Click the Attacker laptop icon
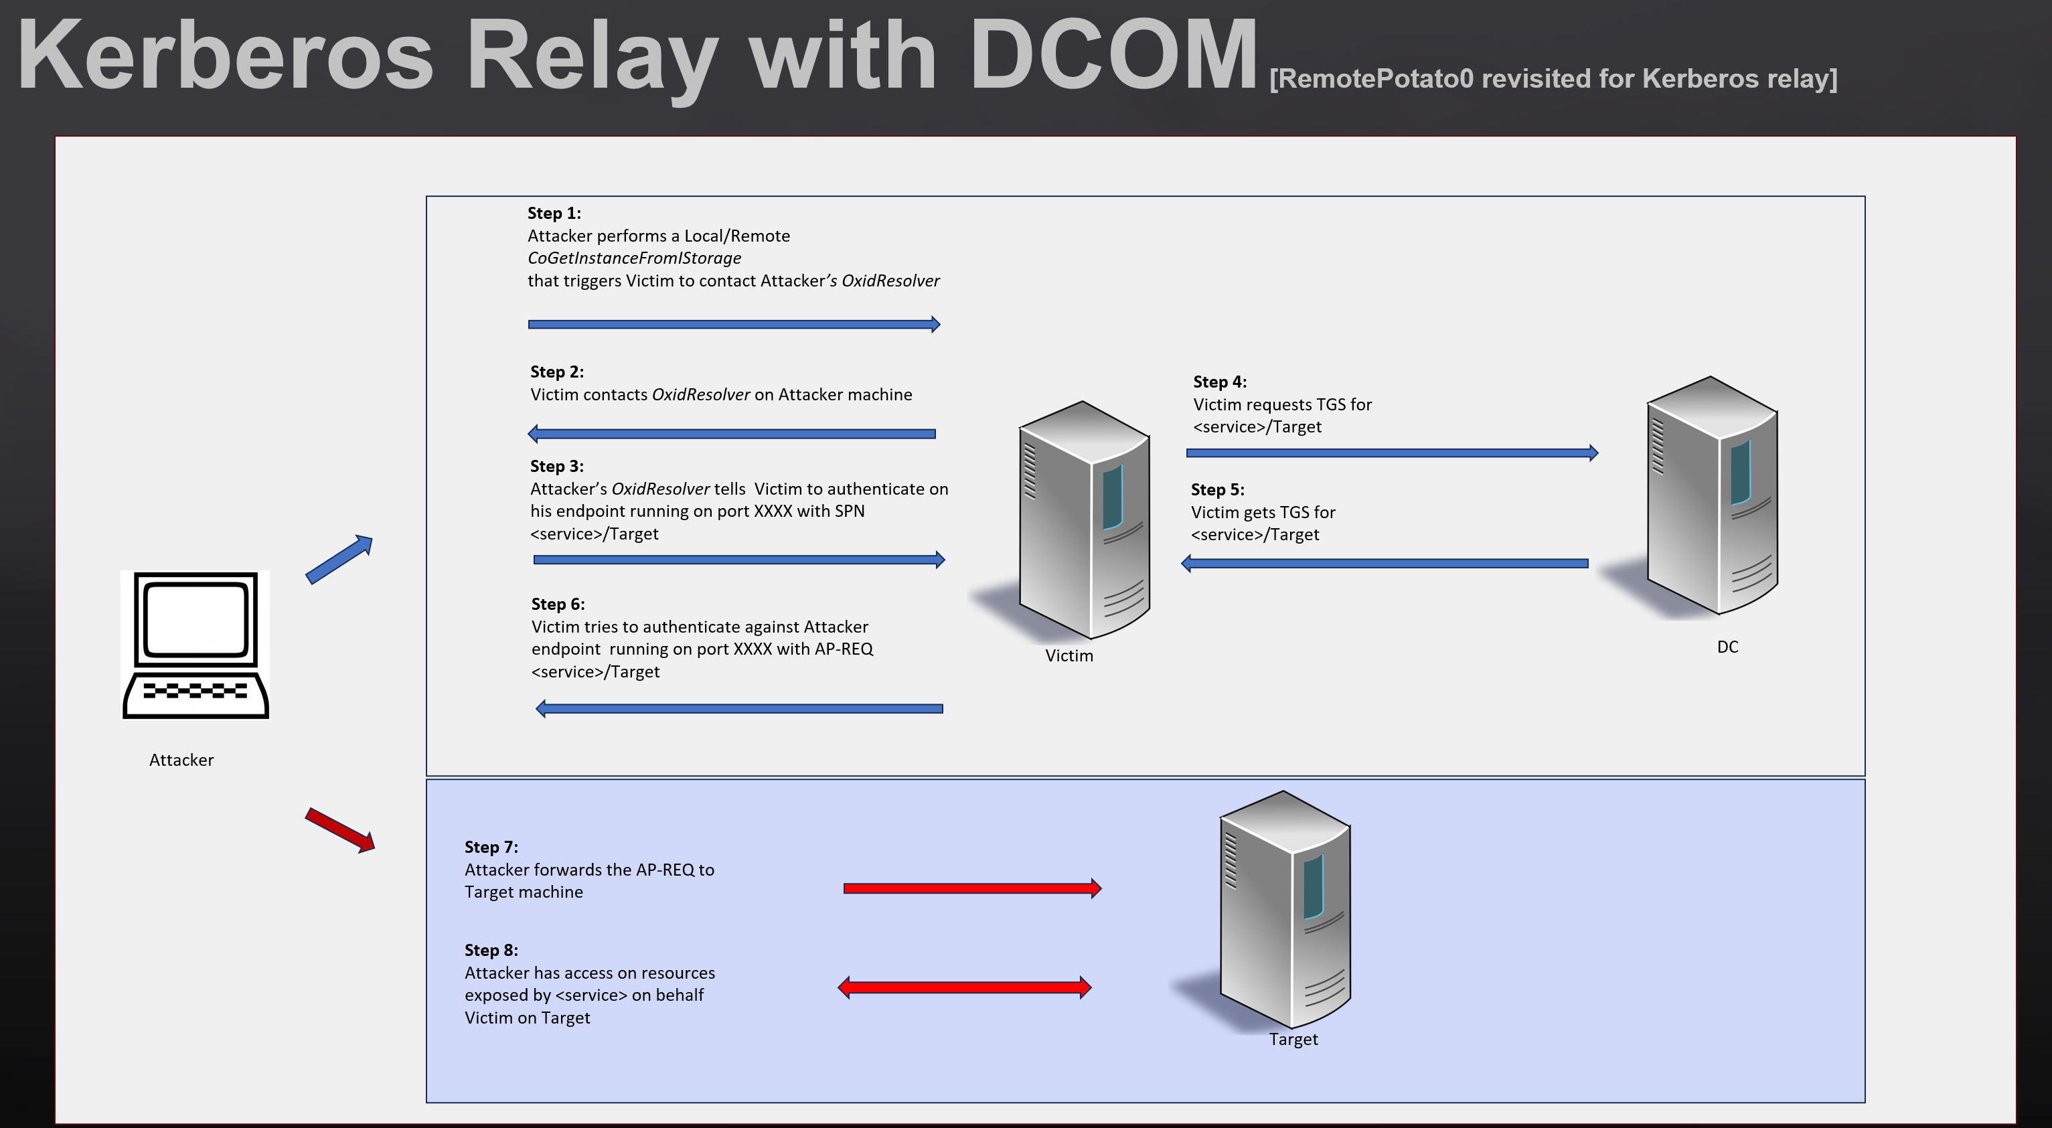click(195, 645)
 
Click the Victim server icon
click(1083, 521)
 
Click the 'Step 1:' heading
click(554, 214)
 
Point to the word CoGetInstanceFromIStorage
click(634, 258)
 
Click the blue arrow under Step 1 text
click(733, 324)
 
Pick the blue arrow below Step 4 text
click(1391, 453)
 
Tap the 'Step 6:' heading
click(558, 604)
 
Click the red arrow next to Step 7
click(972, 888)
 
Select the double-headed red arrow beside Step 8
click(964, 988)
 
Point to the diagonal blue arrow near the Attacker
click(339, 559)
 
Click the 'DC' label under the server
click(1727, 647)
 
